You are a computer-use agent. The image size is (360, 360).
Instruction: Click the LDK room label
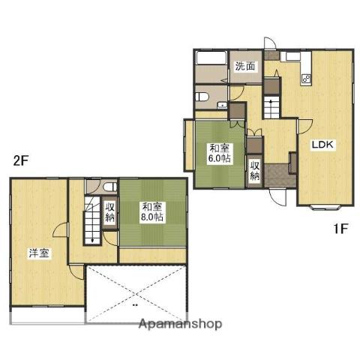point(322,145)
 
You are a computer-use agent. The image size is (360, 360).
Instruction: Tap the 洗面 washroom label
point(245,66)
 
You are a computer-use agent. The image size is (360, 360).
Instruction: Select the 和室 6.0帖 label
point(220,153)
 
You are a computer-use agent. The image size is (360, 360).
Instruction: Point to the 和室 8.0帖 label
point(152,212)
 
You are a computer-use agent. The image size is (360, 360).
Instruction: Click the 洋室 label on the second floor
point(39,253)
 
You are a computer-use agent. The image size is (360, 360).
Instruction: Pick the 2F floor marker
point(20,161)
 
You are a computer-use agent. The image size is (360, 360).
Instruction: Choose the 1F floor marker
point(341,229)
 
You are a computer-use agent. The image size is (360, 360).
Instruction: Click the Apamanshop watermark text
point(180,324)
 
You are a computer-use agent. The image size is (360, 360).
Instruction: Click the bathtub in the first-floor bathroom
point(211,58)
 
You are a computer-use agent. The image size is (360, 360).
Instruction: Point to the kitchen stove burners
point(306,79)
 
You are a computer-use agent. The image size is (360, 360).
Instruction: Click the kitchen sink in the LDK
point(292,56)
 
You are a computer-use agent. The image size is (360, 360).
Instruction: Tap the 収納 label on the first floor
point(255,171)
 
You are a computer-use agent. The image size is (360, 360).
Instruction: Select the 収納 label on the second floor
point(110,212)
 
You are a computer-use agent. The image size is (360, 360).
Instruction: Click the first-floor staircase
point(271,107)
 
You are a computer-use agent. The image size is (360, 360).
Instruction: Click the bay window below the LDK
point(325,207)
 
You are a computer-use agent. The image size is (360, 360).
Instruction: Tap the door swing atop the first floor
point(270,43)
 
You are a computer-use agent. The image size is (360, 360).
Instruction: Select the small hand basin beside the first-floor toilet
point(222,105)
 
